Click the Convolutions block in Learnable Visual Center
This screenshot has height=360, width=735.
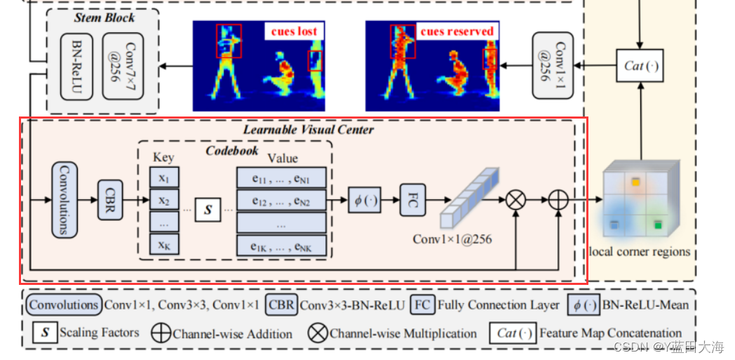point(64,200)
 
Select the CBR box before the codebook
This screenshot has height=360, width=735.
point(111,200)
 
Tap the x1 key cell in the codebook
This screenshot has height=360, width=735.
point(163,177)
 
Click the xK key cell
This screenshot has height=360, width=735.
point(163,244)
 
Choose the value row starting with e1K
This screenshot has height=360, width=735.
point(281,245)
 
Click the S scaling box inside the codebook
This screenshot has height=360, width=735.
point(208,210)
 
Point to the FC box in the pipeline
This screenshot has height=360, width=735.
point(413,200)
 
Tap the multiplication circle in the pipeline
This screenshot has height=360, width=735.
point(515,200)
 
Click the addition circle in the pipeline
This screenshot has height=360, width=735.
point(558,200)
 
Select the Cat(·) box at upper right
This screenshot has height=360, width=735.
point(640,66)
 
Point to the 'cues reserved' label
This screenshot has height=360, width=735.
point(457,31)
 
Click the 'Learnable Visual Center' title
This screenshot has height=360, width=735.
point(308,129)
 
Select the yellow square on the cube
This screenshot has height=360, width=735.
point(635,182)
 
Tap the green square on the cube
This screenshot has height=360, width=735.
point(658,225)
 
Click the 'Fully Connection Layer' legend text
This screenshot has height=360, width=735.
point(498,305)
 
